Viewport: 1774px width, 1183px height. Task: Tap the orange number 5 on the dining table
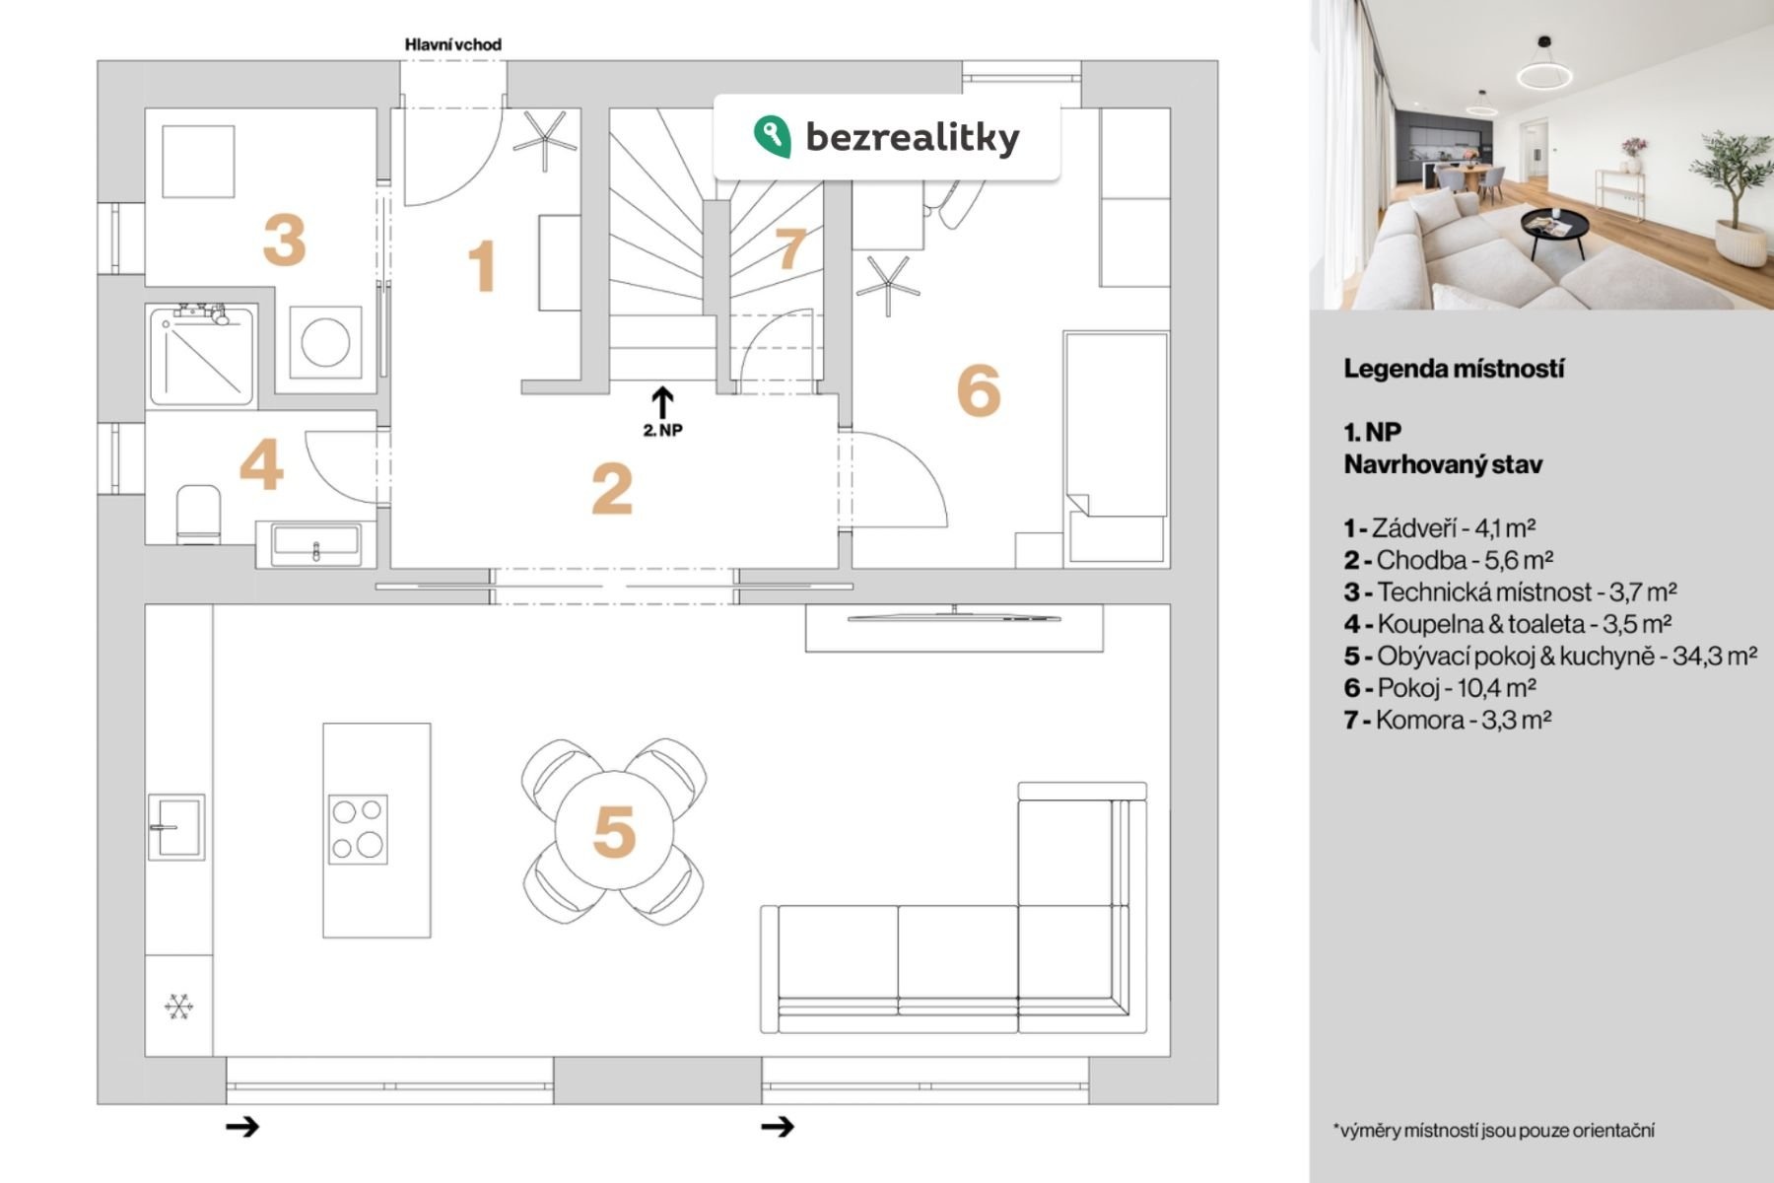613,831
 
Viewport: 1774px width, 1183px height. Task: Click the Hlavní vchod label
453,44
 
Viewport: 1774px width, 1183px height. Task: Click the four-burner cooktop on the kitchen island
358,829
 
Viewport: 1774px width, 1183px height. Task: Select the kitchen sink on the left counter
176,827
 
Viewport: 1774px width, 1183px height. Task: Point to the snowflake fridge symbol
178,1008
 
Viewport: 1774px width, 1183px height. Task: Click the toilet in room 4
198,514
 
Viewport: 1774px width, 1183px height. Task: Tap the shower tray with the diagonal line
203,357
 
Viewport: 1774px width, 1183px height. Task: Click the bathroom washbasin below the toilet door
315,545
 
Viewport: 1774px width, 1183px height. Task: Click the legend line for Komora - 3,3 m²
1448,720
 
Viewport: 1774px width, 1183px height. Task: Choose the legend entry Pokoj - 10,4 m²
1440,687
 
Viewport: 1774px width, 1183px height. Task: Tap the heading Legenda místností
1454,370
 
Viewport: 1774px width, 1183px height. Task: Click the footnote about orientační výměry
1494,1130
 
